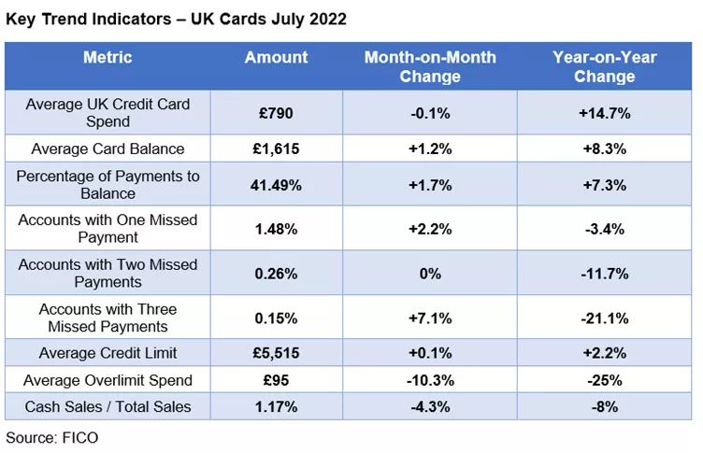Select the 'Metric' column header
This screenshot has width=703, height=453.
tap(108, 58)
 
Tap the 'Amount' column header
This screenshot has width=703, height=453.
tap(276, 58)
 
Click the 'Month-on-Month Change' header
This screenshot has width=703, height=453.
tap(430, 66)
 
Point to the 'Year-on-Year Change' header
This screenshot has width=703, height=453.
tap(604, 66)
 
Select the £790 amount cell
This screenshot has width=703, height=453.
tap(276, 113)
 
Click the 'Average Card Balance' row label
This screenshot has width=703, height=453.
tap(108, 149)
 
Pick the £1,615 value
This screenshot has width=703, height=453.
tap(276, 149)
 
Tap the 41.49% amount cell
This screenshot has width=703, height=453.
tap(276, 185)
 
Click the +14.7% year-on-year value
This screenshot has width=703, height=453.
tap(604, 113)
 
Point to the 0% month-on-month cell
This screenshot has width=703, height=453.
tap(430, 274)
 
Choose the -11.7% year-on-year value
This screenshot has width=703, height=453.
tap(604, 274)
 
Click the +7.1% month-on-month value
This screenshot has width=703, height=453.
tap(430, 318)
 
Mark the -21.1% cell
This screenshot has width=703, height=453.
tap(604, 318)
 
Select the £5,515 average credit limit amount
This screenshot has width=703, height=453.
tap(276, 353)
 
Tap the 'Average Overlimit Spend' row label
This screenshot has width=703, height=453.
tap(108, 380)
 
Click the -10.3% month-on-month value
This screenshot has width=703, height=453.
tap(430, 380)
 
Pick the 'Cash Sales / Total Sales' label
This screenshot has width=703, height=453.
tap(108, 406)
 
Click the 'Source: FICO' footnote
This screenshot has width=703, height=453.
tap(51, 436)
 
